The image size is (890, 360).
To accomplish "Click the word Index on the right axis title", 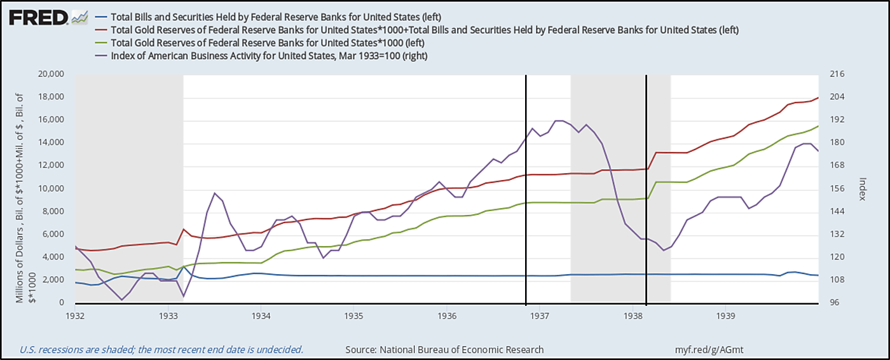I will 863,189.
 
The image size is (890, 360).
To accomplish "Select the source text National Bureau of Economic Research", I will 444,349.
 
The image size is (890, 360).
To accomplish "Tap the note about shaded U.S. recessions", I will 161,349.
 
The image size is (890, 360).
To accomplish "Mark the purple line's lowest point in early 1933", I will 184,296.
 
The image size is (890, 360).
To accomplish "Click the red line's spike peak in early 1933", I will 184,229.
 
